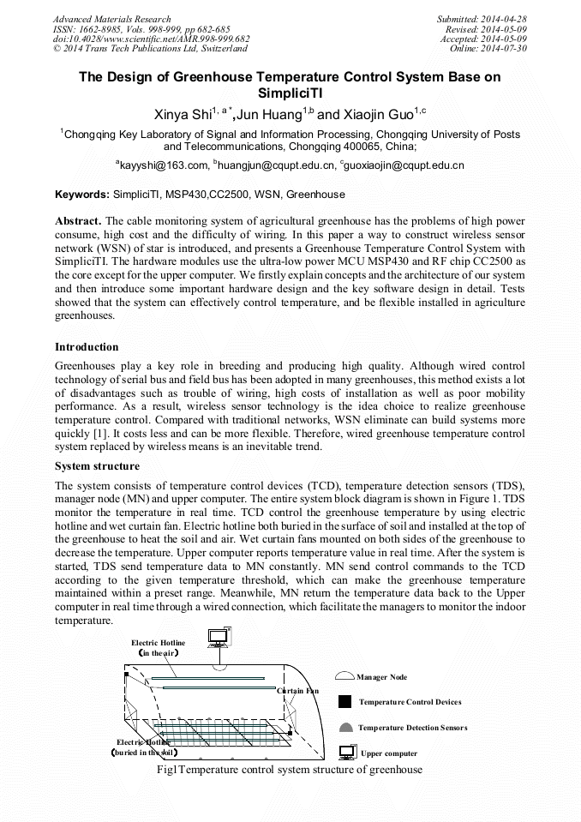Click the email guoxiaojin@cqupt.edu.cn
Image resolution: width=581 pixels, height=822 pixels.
coord(404,165)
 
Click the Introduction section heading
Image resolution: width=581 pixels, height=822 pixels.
coord(87,346)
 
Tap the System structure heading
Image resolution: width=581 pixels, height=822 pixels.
coord(97,466)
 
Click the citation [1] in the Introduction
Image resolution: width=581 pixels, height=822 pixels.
coord(100,432)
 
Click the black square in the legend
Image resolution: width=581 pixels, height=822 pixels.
coord(344,701)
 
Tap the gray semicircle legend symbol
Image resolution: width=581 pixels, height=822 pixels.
coord(345,727)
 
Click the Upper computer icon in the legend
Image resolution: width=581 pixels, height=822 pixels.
coord(346,753)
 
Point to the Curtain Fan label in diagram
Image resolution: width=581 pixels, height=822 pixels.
coord(297,690)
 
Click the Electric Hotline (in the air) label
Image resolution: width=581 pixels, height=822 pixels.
coord(158,648)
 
